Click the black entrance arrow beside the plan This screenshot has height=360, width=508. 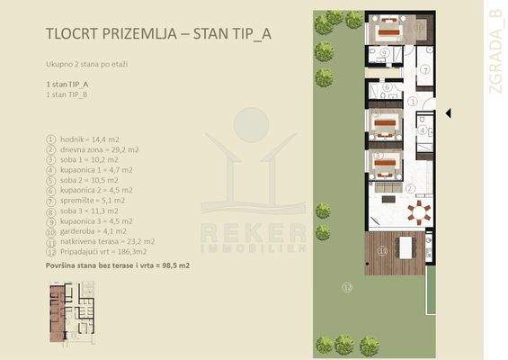[x=449, y=112]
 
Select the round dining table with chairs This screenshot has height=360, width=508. [x=416, y=213]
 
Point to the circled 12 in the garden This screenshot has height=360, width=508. [x=347, y=287]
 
